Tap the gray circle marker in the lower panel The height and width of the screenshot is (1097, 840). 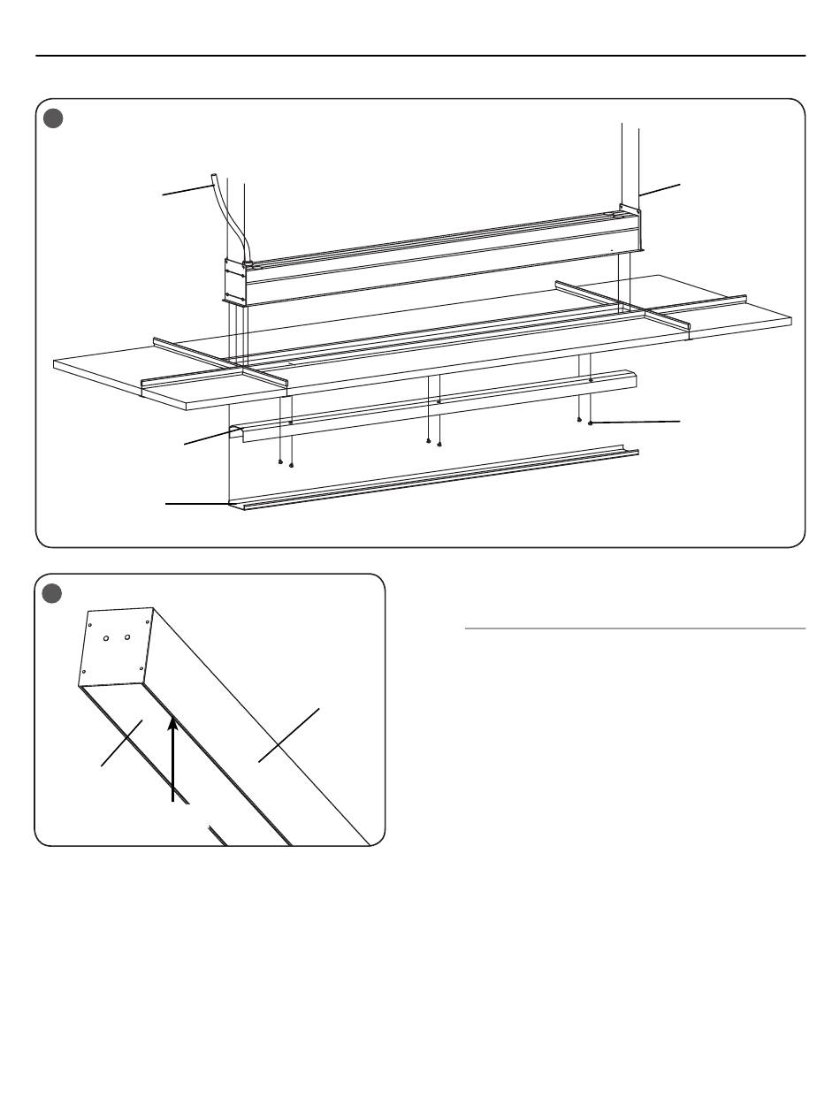click(53, 595)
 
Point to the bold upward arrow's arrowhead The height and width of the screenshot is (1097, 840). click(173, 726)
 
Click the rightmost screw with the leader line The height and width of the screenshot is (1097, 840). click(590, 423)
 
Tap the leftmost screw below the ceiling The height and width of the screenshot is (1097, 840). click(280, 461)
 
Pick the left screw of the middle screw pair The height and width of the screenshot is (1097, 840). click(428, 440)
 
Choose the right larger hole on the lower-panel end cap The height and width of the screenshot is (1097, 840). click(128, 636)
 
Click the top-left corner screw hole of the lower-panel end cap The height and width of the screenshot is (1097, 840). click(91, 624)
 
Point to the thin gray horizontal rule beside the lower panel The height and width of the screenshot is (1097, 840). click(635, 628)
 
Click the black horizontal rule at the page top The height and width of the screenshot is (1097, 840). click(420, 56)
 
